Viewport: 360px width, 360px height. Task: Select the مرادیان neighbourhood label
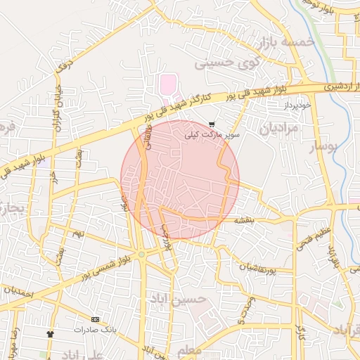point(279,129)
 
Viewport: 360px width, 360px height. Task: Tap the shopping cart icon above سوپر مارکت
point(212,124)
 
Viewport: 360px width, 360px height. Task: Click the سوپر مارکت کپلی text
point(212,134)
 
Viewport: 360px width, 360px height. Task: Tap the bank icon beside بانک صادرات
point(95,319)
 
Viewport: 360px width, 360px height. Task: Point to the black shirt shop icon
point(50,333)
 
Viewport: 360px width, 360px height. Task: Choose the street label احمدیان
point(19,289)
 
